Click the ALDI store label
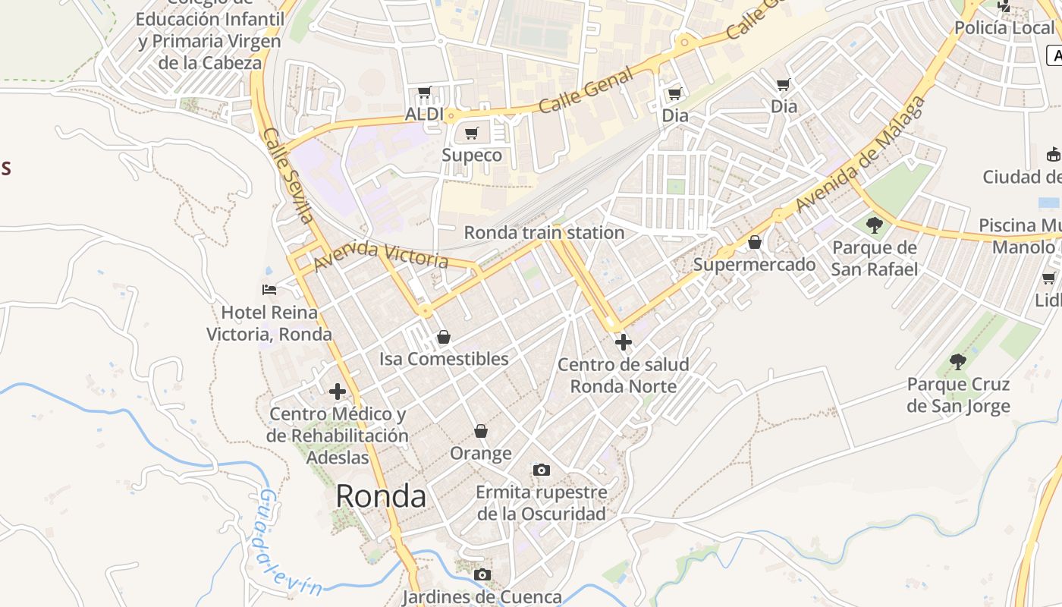[424, 114]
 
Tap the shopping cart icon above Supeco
[472, 134]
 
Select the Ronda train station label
[544, 232]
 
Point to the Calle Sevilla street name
[288, 175]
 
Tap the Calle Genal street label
[586, 90]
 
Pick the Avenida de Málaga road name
[861, 156]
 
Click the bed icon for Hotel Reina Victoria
[269, 289]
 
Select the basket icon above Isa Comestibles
[444, 337]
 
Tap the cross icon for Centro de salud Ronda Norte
[623, 343]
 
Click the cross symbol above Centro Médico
[338, 392]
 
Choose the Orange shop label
[481, 454]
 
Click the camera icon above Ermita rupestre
[541, 470]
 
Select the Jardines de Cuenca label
[482, 597]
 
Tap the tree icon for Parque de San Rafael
[875, 225]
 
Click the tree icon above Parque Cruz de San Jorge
[958, 362]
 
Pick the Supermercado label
[754, 265]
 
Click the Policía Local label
[1004, 28]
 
